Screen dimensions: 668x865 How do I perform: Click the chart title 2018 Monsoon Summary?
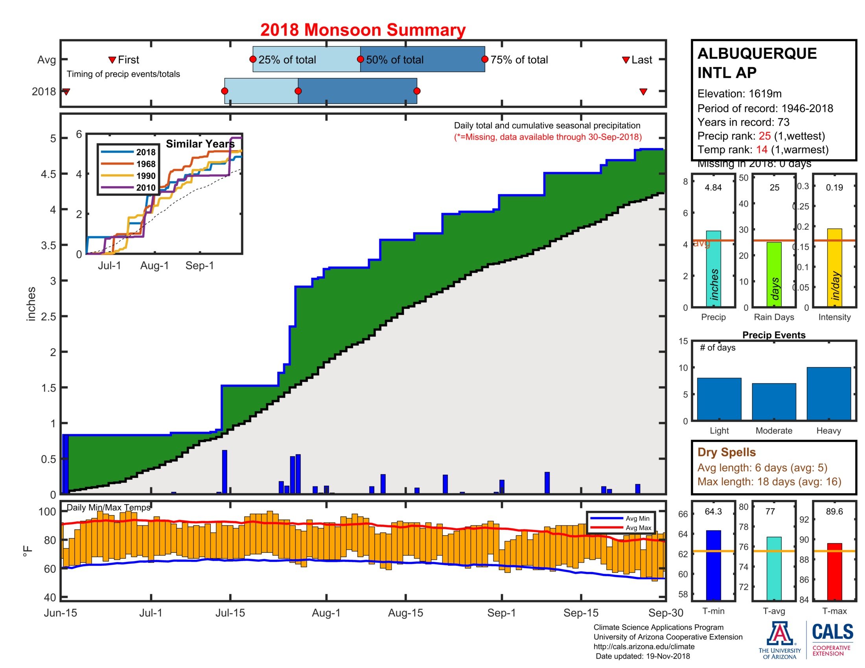[363, 30]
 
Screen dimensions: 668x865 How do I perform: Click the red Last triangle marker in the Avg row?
[626, 60]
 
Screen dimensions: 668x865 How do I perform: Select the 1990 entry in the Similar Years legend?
[146, 176]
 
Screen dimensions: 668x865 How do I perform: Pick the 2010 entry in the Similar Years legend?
[146, 187]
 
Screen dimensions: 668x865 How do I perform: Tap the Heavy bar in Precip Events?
[828, 393]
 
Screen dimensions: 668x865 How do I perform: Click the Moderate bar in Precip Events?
[773, 401]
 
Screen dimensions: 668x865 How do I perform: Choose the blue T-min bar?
[713, 565]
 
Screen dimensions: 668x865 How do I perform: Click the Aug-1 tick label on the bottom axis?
[326, 613]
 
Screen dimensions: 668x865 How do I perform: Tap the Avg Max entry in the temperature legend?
[638, 527]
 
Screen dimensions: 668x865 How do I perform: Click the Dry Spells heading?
[726, 452]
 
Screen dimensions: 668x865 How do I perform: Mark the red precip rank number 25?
[764, 136]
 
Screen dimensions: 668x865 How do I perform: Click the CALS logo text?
[832, 631]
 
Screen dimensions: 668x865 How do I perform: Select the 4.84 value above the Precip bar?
[713, 187]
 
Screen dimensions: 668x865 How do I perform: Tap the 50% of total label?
[394, 60]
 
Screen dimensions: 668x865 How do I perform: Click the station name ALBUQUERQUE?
[756, 53]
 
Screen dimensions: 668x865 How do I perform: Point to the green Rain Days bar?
[774, 274]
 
